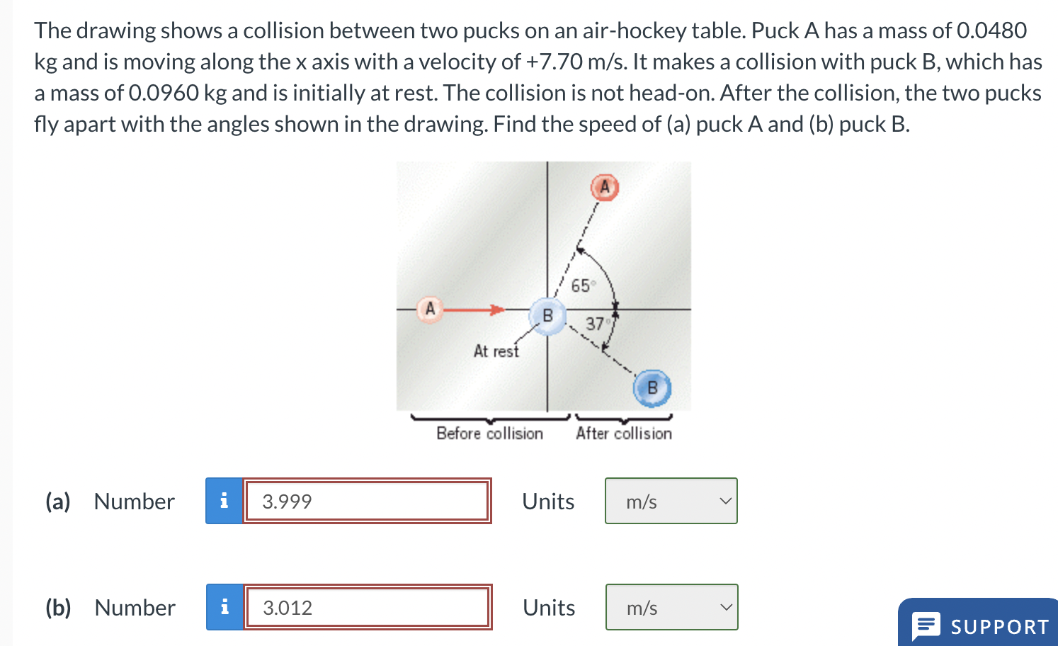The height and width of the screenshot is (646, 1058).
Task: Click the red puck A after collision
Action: [605, 188]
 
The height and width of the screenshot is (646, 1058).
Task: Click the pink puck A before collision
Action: [429, 310]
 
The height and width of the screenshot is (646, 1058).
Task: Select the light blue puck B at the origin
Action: [547, 315]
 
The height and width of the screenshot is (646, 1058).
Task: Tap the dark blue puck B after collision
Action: [652, 388]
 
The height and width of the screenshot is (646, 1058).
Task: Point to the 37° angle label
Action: [596, 324]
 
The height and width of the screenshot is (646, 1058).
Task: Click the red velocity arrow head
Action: [498, 310]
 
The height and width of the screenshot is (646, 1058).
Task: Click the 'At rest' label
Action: [496, 351]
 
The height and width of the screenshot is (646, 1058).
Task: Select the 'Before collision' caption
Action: [489, 433]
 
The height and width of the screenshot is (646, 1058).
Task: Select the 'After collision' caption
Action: [623, 433]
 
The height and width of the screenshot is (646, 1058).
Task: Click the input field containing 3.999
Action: [367, 501]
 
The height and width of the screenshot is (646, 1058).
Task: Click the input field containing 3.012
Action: [367, 608]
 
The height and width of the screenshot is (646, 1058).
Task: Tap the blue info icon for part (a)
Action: [224, 501]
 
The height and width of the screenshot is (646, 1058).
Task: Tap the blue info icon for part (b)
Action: [224, 608]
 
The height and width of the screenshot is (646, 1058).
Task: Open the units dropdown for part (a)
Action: [671, 501]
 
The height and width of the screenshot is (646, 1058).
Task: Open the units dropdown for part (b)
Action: [671, 608]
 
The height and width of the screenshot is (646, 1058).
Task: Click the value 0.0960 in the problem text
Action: [164, 93]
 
